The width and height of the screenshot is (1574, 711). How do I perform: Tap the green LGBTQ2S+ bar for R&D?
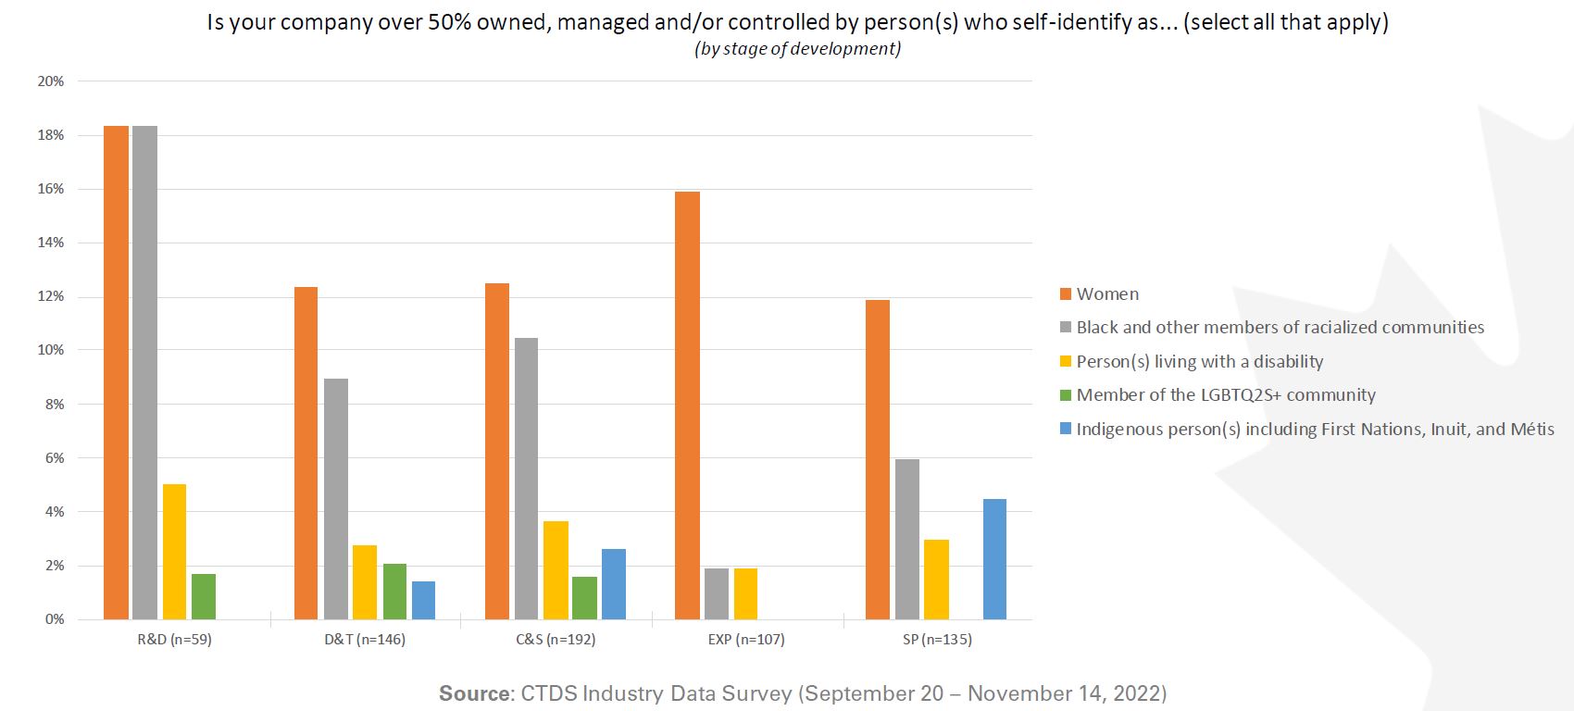204,596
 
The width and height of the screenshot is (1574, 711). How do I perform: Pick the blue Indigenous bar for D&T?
423,600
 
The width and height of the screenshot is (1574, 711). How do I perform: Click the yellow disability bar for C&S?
556,570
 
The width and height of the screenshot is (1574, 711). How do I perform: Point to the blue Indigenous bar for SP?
994,559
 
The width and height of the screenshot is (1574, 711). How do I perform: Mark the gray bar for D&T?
336,499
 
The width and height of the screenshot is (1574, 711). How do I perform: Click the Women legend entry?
1107,294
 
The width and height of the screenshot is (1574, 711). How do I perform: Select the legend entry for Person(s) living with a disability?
1199,362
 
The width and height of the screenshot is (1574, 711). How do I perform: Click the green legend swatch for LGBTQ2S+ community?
1066,395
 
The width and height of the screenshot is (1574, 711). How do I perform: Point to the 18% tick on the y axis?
51,135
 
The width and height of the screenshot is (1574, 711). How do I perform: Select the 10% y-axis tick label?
51,350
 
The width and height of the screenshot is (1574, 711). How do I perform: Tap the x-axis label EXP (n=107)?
746,640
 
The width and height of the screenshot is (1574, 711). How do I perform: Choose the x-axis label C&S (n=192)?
556,640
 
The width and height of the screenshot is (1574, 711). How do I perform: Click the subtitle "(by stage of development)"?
797,49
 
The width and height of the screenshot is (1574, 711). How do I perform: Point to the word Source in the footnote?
473,693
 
